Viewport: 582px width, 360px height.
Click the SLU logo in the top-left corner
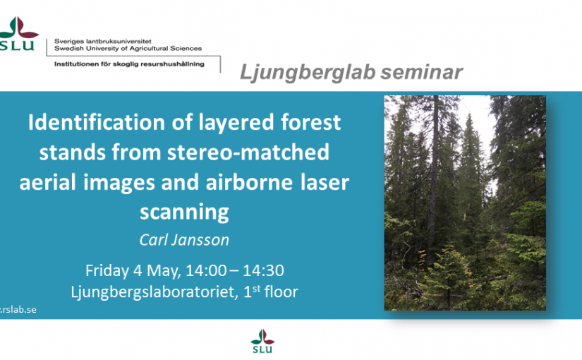point(18,33)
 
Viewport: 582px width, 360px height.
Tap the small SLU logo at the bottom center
point(262,341)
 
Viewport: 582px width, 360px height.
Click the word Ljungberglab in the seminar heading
point(308,72)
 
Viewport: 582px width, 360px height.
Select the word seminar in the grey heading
point(422,72)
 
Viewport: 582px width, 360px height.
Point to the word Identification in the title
point(97,122)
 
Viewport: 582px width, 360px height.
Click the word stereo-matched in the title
point(248,152)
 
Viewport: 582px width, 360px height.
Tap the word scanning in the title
point(184,213)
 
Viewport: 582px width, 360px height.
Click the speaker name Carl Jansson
point(184,240)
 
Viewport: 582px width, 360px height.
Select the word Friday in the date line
point(107,270)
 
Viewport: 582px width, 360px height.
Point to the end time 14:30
point(263,270)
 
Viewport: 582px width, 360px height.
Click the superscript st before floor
point(257,289)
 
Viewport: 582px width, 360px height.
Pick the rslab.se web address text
point(18,309)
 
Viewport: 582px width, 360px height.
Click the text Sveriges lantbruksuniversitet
point(103,41)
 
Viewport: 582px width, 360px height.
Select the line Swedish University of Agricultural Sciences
point(128,48)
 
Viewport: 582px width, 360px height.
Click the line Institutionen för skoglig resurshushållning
point(129,64)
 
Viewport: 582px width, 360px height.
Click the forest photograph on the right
point(465,203)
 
